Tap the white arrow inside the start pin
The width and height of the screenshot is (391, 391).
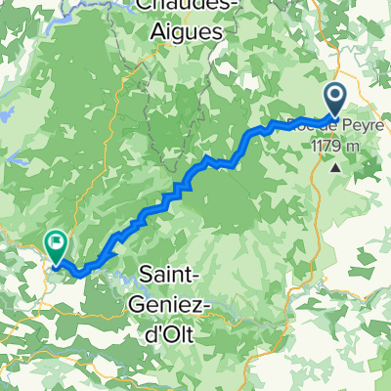tap(333, 96)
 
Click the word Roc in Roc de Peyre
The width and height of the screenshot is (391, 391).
tap(300, 124)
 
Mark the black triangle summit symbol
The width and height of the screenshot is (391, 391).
tap(336, 166)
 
